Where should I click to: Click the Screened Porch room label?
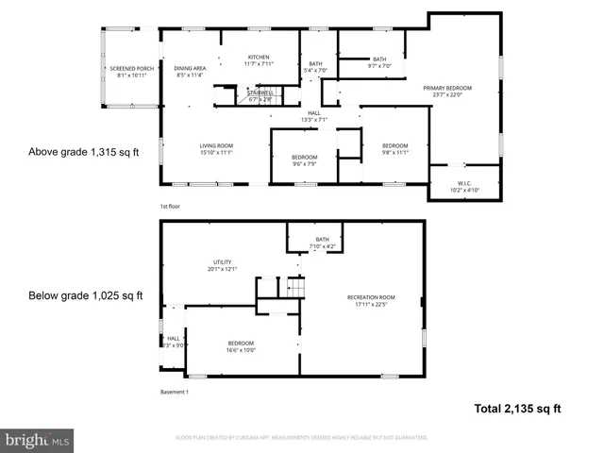coord(131,72)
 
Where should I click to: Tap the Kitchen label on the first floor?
coord(259,60)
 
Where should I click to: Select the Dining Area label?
coord(190,72)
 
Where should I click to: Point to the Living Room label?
coord(215,149)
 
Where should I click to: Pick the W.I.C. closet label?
coord(464,187)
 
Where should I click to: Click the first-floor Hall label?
coord(313,116)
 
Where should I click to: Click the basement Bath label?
coord(323,243)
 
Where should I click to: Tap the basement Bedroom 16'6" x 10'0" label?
coord(241,346)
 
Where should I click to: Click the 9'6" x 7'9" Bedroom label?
coord(304,160)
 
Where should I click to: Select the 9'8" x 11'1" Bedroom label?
coord(394,148)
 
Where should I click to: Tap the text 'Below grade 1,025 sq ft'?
coord(85,295)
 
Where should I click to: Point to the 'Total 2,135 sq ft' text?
coord(517,409)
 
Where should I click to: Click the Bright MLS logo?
coord(38,440)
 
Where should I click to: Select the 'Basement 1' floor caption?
coord(175,392)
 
